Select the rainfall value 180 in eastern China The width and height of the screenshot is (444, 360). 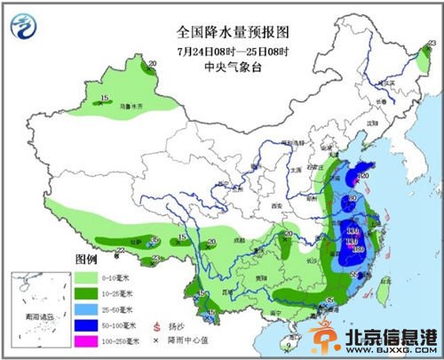[357, 249]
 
